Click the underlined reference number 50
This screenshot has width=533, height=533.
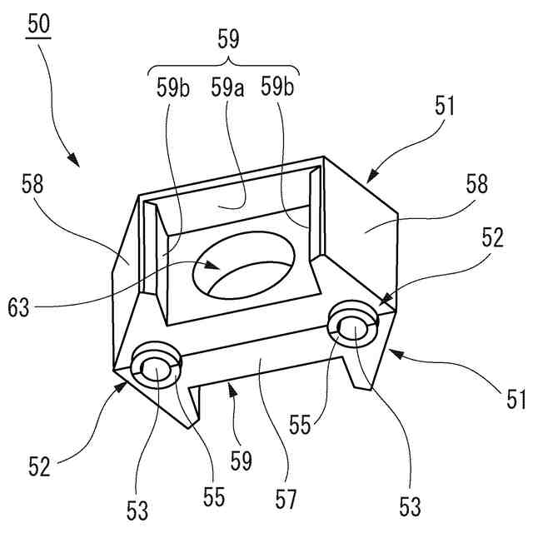tap(38, 24)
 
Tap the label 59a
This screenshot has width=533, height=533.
tap(227, 86)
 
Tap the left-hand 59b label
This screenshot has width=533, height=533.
tap(173, 86)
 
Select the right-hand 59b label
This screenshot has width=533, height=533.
tap(277, 86)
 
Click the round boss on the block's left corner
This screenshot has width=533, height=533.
tap(157, 366)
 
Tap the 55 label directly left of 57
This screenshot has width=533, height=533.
tap(214, 499)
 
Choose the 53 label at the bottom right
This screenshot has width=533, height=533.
tap(409, 505)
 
